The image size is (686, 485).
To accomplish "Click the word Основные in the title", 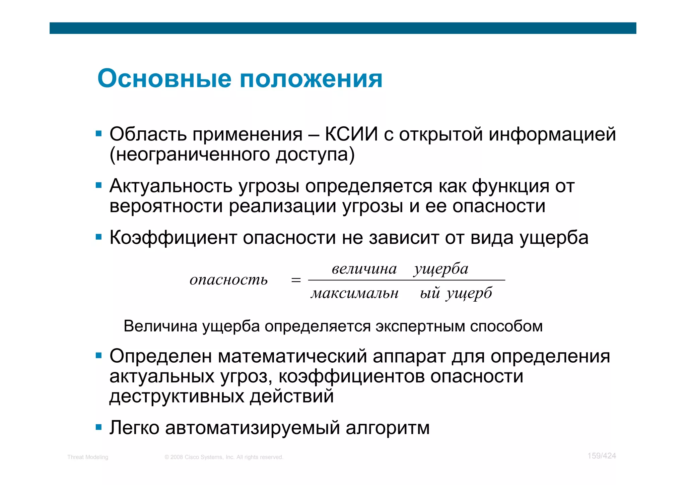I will click(x=164, y=79).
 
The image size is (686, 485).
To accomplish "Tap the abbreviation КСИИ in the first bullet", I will click(x=351, y=134).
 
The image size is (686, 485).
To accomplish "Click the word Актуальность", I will click(x=171, y=186).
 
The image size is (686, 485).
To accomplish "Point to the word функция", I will click(x=510, y=187).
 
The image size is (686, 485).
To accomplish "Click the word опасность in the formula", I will click(x=229, y=280).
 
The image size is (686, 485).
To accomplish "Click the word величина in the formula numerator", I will click(x=364, y=269).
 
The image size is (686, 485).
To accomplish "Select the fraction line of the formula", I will click(x=406, y=280).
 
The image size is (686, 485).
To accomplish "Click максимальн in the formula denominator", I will click(x=355, y=294).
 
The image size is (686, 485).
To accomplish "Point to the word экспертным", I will click(x=420, y=326).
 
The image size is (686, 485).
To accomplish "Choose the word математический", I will click(x=292, y=356).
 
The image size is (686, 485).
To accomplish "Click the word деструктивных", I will click(x=177, y=397).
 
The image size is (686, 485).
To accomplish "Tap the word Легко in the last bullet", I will click(x=134, y=428).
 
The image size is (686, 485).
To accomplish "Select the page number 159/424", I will click(x=602, y=456).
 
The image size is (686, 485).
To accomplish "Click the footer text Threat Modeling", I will click(x=88, y=457).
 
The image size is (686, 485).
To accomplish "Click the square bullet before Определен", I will click(x=98, y=355).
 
